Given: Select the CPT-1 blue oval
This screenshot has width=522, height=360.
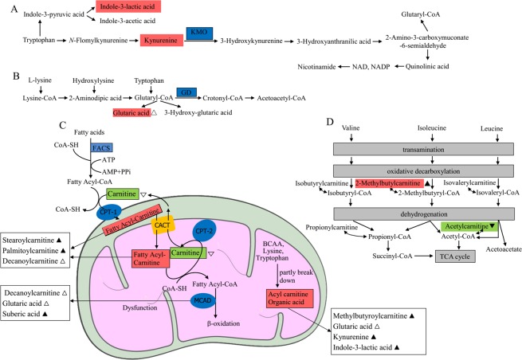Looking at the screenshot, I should [x=81, y=214].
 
